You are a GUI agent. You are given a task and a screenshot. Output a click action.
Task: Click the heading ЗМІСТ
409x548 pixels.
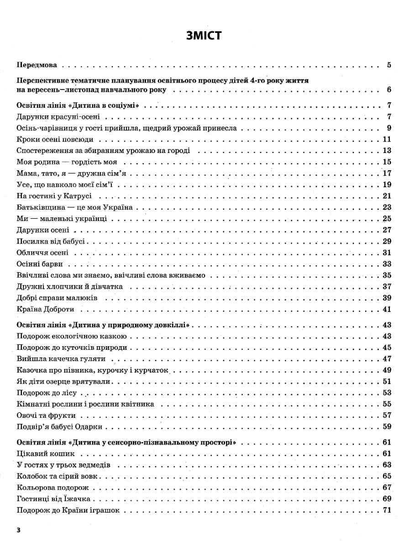(204, 36)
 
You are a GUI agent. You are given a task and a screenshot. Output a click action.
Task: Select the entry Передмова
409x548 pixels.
(39, 65)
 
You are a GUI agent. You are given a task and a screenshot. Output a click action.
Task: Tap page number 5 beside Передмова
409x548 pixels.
(389, 65)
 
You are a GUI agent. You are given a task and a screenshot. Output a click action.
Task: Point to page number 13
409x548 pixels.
(387, 151)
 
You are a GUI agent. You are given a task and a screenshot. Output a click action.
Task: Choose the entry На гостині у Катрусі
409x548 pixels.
(54, 196)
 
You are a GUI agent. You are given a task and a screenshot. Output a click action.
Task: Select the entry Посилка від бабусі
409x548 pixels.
(51, 241)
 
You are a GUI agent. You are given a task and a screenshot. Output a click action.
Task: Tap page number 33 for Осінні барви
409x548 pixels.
(387, 264)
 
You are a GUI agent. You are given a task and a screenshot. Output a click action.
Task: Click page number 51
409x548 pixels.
(387, 381)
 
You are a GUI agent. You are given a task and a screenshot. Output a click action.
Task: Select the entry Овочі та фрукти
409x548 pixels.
(46, 416)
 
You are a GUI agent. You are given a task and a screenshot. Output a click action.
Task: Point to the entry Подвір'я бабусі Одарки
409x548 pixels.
(59, 427)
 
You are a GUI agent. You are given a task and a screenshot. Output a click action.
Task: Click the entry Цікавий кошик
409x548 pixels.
(45, 454)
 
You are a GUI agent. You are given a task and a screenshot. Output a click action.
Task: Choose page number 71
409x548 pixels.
(387, 510)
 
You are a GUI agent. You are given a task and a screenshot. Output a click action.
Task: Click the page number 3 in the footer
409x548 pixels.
(18, 530)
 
